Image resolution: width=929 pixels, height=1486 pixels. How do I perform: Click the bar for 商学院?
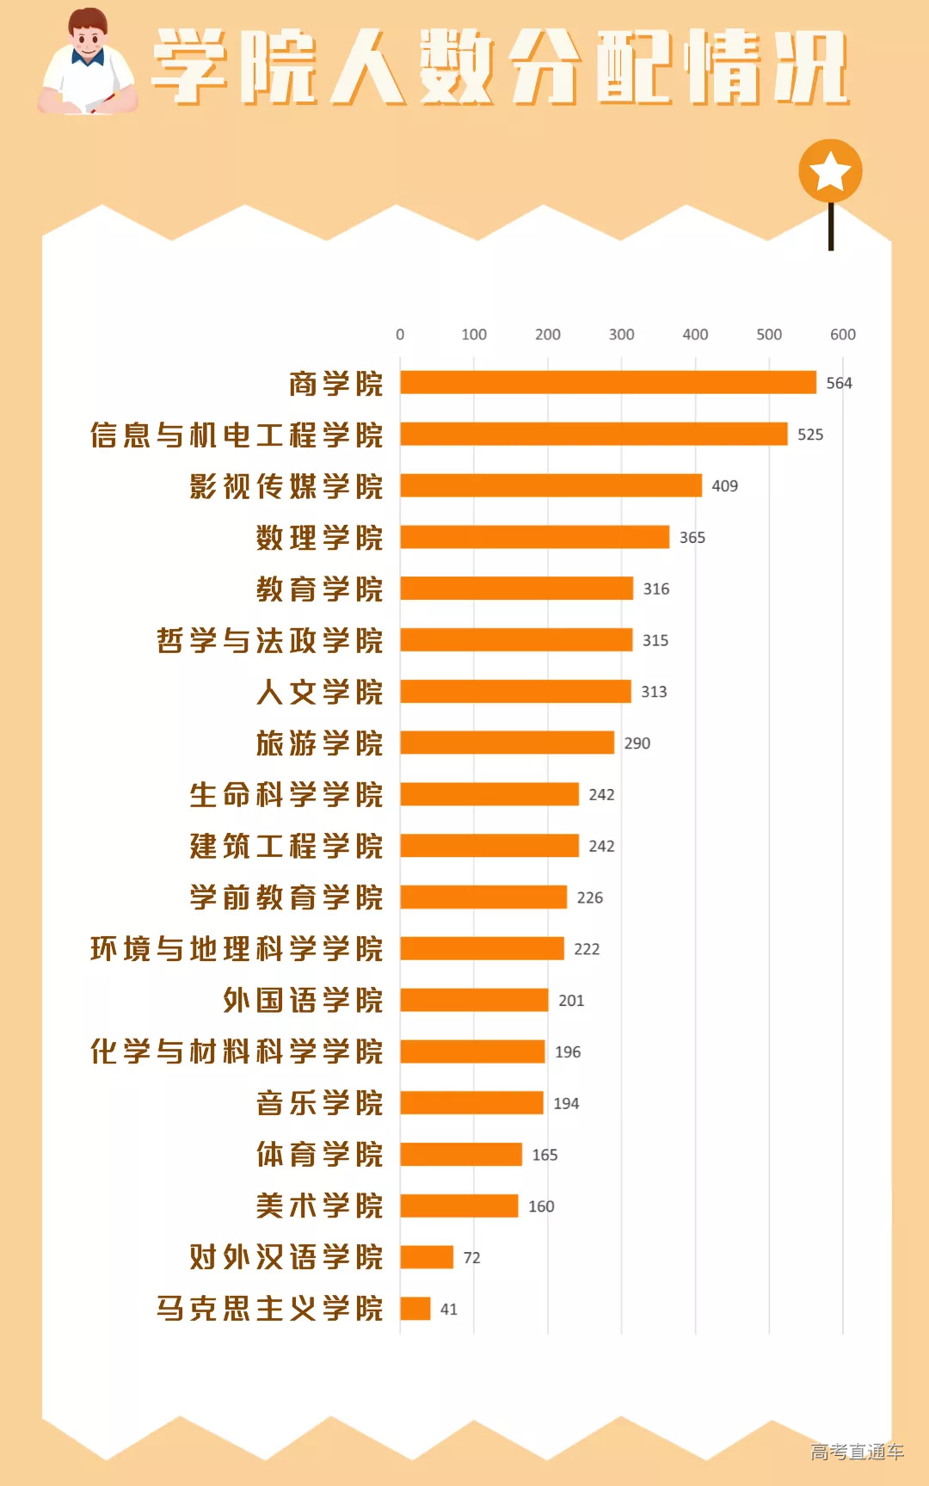point(607,383)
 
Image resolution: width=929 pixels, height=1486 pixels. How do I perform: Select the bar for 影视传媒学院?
point(551,485)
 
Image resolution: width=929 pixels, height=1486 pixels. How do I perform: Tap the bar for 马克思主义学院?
point(415,1309)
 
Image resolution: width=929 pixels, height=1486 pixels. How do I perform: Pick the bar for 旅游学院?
point(507,743)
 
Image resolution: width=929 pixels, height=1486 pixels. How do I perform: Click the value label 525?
point(809,435)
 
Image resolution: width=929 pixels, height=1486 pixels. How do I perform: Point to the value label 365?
point(692,538)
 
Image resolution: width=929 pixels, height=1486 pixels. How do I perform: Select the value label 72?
point(471,1258)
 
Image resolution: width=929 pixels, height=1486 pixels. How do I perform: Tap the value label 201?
point(570,1001)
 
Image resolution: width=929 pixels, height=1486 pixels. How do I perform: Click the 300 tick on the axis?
point(621,335)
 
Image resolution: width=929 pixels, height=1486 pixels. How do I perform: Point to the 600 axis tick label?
point(842,335)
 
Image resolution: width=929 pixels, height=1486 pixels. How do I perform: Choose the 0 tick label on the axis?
point(400,335)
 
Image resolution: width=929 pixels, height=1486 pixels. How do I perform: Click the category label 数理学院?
point(319,538)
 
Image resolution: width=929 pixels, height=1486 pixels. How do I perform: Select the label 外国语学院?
point(303,1001)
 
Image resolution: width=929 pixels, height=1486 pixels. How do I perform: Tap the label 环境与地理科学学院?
point(237,949)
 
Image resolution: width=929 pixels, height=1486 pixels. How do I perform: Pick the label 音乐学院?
point(319,1103)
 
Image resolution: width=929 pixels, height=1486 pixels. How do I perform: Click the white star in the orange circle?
point(830,171)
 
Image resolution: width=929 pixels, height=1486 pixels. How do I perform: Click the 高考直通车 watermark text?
point(857,1452)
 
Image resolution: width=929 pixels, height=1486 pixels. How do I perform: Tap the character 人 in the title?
point(367,67)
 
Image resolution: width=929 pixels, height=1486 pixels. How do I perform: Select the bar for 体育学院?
point(461,1155)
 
